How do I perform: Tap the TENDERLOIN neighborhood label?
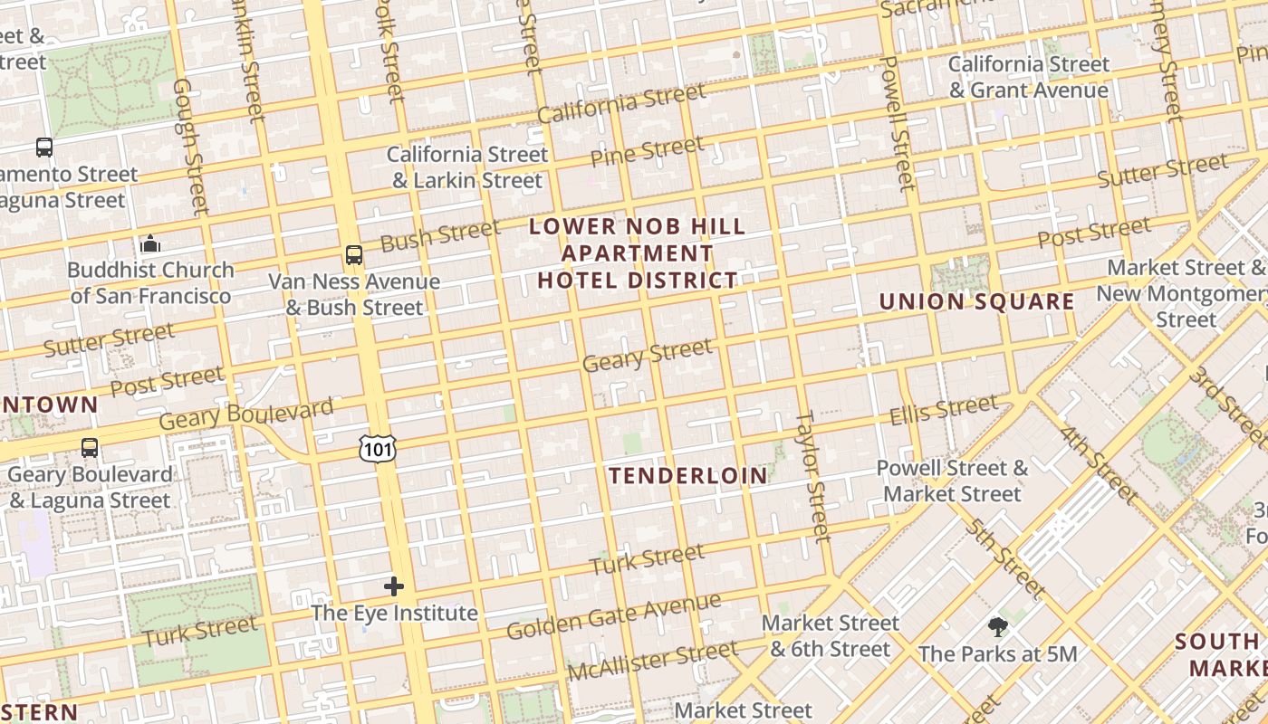coord(687,476)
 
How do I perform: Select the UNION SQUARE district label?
coord(976,302)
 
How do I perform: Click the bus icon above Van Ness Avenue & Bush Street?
coord(354,255)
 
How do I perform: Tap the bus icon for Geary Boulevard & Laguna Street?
coord(90,447)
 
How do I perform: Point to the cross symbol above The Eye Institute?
coord(394,586)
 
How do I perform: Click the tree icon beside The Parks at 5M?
coord(997,627)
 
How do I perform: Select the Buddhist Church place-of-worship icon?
coord(150,243)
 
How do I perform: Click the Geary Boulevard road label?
coord(246,414)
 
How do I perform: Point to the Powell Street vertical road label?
coord(898,122)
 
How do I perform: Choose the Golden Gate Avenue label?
coord(613,616)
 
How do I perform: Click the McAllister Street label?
coord(652,661)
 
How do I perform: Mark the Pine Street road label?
coord(647,151)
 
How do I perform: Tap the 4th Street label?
coord(1098,466)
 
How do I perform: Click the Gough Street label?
coord(190,147)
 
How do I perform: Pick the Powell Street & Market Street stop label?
coord(952,481)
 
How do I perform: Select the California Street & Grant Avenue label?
coord(1028,77)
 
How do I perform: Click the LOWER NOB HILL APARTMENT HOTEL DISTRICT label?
coord(638,253)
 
